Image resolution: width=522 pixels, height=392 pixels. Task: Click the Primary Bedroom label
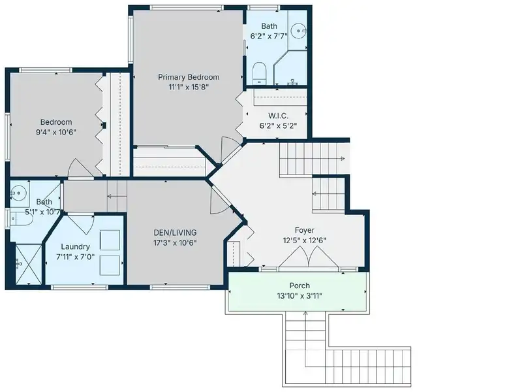189,77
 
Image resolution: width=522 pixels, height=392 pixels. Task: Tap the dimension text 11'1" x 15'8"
189,88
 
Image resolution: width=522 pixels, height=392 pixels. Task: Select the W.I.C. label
279,116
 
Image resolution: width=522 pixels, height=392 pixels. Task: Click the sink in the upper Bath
298,31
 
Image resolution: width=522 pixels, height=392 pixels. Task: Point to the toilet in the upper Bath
258,73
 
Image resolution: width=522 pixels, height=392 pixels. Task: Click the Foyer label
305,231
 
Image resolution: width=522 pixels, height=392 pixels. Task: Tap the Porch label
299,286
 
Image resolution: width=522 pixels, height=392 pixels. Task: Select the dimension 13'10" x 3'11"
299,296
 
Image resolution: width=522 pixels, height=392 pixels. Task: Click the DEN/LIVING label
175,233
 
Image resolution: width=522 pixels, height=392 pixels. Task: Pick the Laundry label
75,247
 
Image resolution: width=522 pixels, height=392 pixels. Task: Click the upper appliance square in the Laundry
110,240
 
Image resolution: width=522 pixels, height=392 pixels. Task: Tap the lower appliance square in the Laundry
110,265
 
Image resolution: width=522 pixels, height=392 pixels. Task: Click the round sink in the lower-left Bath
18,193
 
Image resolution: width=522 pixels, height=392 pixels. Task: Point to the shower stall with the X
29,265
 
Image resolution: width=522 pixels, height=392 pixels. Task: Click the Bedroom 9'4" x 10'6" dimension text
56,132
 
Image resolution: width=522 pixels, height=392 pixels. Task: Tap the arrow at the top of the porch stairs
305,314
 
